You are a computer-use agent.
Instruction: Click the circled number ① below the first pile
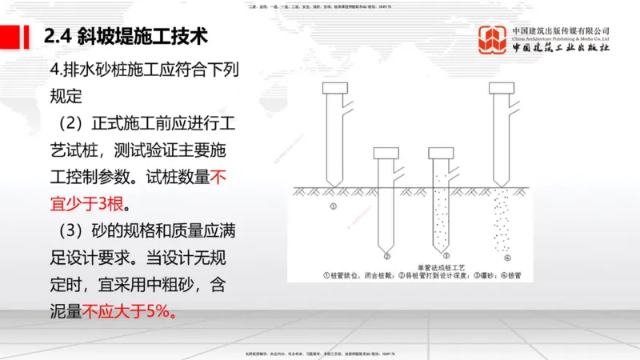click(331, 206)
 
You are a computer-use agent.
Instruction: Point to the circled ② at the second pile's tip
click(387, 256)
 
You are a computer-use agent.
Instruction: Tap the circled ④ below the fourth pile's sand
click(506, 257)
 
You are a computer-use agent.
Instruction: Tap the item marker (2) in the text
click(67, 126)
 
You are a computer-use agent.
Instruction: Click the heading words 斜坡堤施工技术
click(146, 36)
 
